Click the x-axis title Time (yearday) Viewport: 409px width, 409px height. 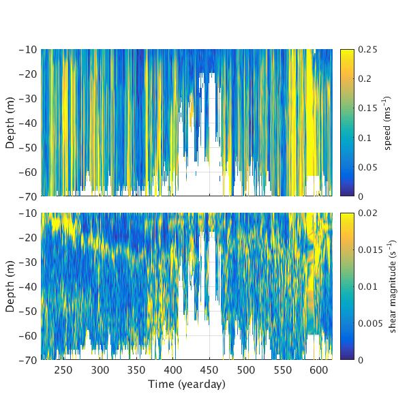pyautogui.click(x=186, y=384)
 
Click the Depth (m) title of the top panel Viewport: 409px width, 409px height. pyautogui.click(x=11, y=123)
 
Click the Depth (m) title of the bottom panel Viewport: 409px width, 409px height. pyautogui.click(x=11, y=286)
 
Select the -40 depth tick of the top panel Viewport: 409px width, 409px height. pyautogui.click(x=28, y=123)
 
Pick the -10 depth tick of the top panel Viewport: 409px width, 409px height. pyautogui.click(x=28, y=50)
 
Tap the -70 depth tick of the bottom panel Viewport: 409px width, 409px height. pyautogui.click(x=28, y=359)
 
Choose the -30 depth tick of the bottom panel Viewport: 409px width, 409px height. pyautogui.click(x=28, y=262)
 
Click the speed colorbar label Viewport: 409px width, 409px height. pyautogui.click(x=387, y=123)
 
